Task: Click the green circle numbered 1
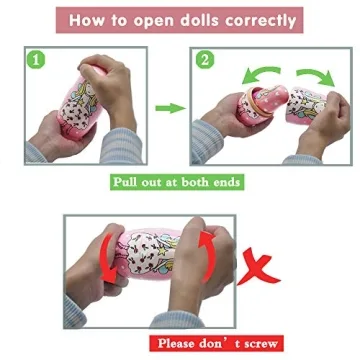36,61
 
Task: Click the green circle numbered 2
204,61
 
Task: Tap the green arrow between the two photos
170,108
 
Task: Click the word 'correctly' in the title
260,21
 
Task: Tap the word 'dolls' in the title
201,20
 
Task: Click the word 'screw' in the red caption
260,344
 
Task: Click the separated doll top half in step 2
307,105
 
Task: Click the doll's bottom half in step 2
262,104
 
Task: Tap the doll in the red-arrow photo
150,254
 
